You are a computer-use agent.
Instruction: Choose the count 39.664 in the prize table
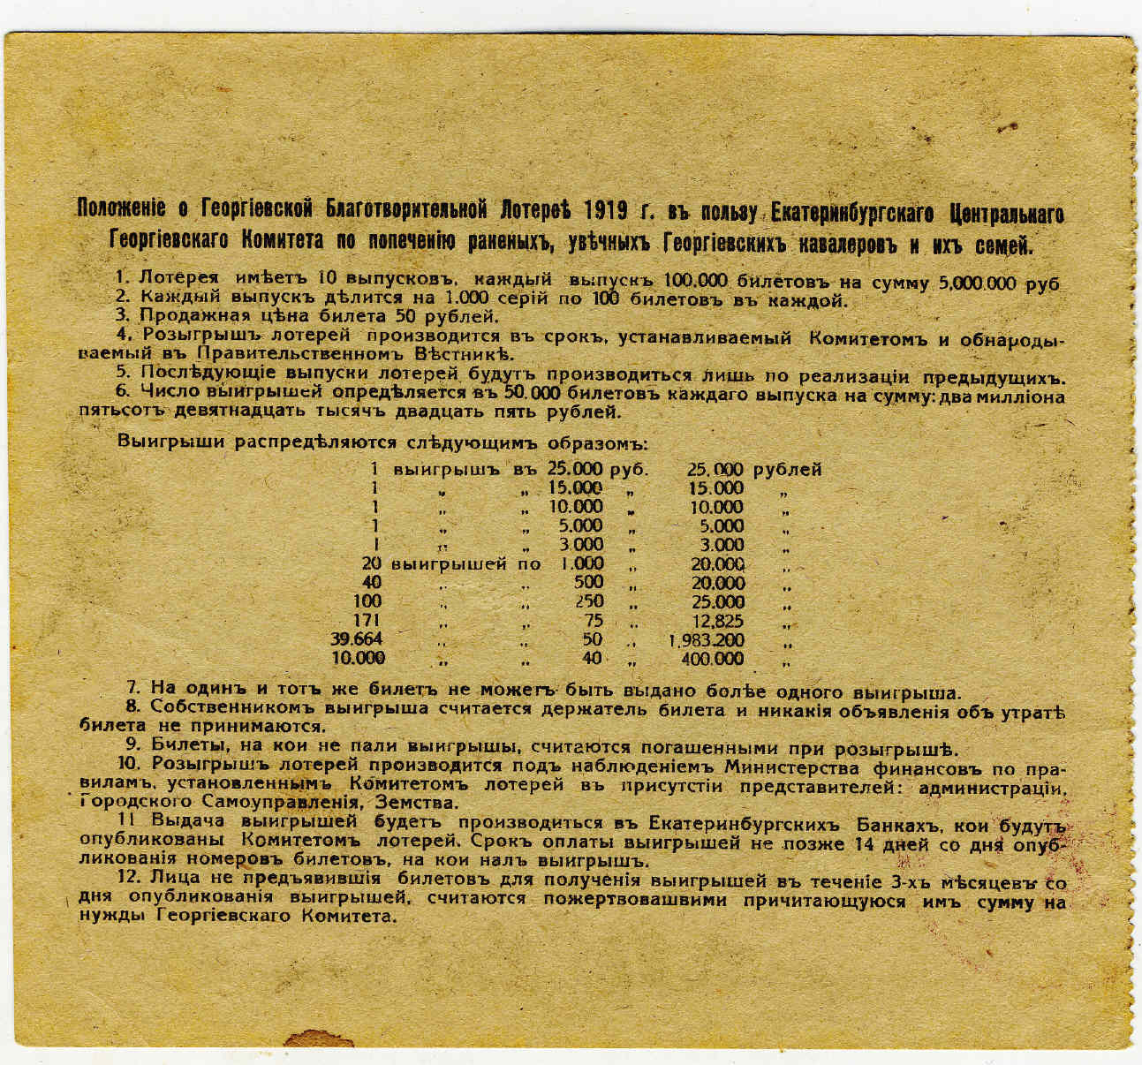point(358,639)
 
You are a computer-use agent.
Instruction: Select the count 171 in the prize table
point(367,620)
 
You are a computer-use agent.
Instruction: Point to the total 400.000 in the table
point(714,659)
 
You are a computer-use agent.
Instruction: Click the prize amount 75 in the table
point(593,620)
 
